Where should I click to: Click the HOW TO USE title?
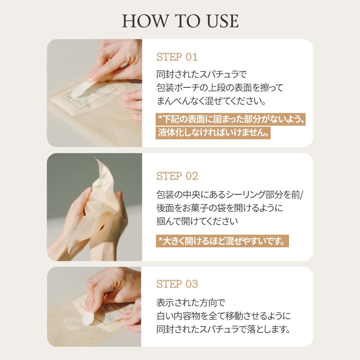(x=180, y=21)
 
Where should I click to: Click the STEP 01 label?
(x=177, y=57)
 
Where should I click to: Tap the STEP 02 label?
(x=177, y=176)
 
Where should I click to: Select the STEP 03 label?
(x=177, y=284)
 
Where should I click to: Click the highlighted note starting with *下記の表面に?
(x=231, y=119)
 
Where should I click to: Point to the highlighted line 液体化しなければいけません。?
(x=213, y=133)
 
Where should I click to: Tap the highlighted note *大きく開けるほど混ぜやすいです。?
(x=222, y=241)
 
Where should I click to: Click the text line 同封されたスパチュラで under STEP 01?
(x=202, y=74)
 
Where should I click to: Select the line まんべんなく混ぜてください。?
(x=211, y=101)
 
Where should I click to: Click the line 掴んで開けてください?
(x=197, y=221)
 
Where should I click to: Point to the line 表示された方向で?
(x=191, y=303)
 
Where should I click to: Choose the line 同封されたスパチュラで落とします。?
(x=223, y=329)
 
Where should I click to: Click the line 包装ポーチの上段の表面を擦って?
(x=220, y=88)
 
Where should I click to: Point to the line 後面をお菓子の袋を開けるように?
(x=220, y=208)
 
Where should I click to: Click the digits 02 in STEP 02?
(x=192, y=176)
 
